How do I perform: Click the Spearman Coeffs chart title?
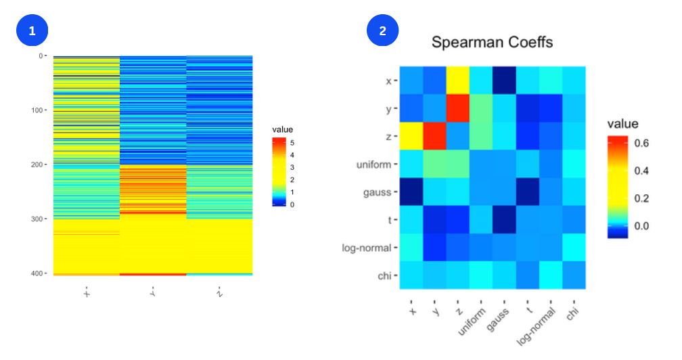pyautogui.click(x=492, y=43)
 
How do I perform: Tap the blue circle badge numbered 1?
pyautogui.click(x=29, y=30)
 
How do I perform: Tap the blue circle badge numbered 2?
pyautogui.click(x=382, y=30)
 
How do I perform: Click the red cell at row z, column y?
pyautogui.click(x=434, y=136)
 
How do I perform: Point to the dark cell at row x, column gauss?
pyautogui.click(x=504, y=81)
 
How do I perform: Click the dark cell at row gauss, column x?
pyautogui.click(x=411, y=192)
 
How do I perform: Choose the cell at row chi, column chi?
pyautogui.click(x=574, y=275)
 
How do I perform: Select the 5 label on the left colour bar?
pyautogui.click(x=292, y=143)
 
